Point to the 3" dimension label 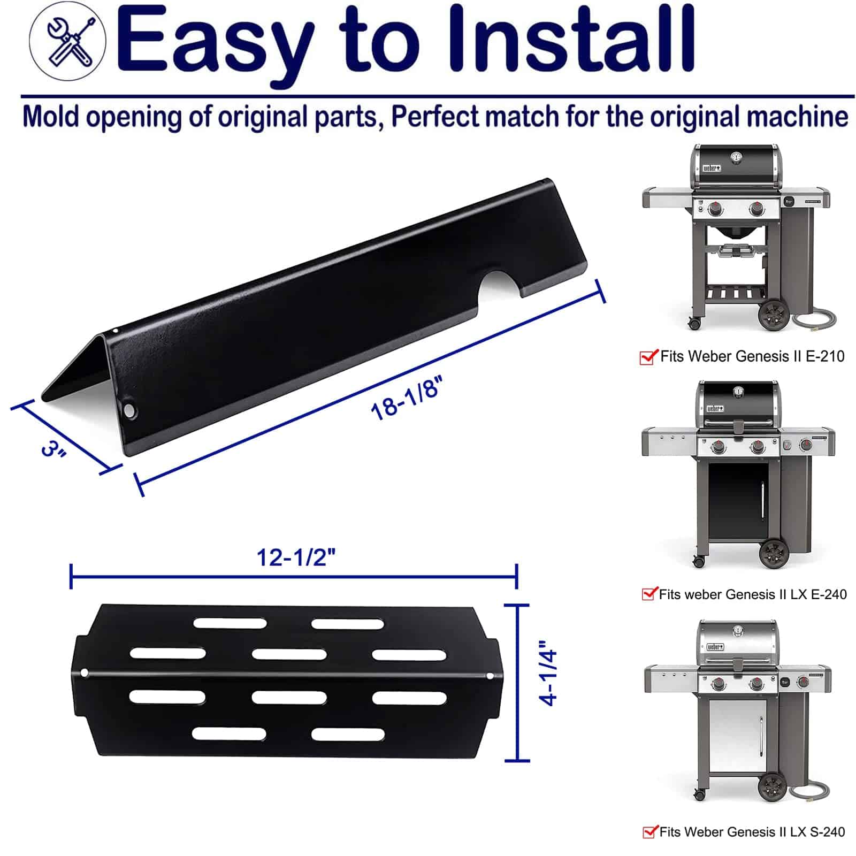53,448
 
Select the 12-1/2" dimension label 296,557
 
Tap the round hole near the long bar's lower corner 129,411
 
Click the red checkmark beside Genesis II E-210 648,356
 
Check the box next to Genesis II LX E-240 649,593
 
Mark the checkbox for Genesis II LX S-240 649,831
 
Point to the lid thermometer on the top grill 736,158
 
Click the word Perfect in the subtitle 434,117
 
